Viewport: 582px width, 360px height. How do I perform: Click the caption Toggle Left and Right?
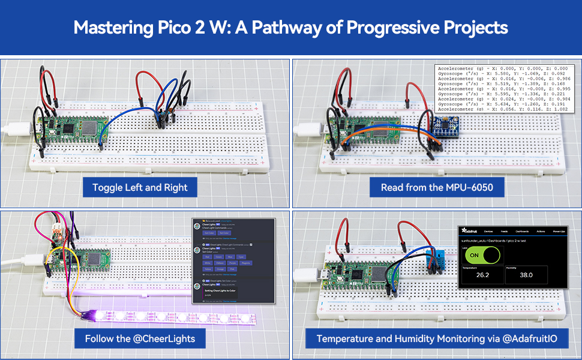tap(140, 187)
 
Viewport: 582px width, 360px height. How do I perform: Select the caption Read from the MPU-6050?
tap(437, 187)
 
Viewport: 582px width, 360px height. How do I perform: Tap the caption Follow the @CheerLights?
tap(140, 338)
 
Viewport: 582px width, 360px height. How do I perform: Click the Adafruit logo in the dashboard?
tap(469, 230)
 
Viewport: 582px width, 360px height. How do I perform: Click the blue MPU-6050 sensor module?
tap(445, 127)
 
